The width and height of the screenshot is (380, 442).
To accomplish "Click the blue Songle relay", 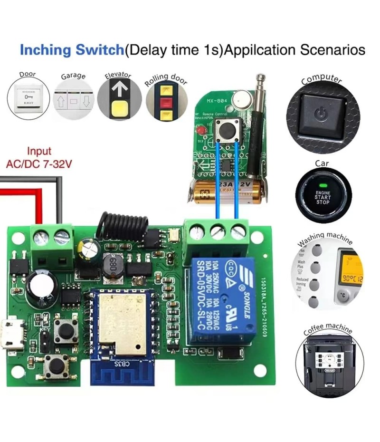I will pos(220,299).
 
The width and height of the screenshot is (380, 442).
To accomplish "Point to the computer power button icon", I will pos(322,114).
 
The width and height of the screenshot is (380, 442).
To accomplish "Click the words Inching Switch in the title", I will pos(71,50).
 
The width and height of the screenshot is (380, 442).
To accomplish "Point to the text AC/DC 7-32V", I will pos(38,164).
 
